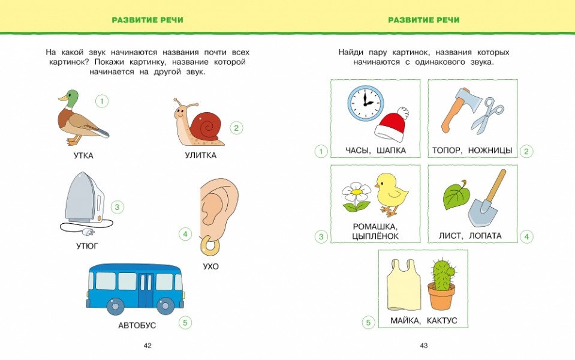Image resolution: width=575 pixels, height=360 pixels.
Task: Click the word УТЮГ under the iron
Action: point(87,245)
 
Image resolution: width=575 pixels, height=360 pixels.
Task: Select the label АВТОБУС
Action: point(137,325)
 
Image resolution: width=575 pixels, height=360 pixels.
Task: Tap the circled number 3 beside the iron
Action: point(118,208)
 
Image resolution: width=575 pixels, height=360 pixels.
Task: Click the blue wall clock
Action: point(365,103)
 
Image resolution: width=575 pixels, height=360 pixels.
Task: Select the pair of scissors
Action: point(488,114)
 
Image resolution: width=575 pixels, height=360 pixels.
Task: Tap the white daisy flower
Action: point(356,193)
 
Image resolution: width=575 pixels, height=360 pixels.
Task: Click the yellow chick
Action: point(392,192)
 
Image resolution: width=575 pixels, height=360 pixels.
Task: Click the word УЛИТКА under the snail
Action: point(200,155)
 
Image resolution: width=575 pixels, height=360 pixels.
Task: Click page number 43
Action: point(423,346)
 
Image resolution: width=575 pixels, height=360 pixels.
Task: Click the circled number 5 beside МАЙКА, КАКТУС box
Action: point(369,323)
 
